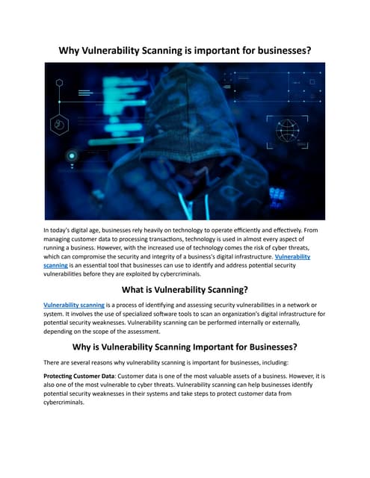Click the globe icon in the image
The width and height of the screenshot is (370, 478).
[287, 131]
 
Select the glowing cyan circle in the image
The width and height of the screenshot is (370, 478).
[72, 155]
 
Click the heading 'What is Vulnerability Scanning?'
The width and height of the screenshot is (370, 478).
[185, 288]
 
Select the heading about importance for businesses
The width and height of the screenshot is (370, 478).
[185, 347]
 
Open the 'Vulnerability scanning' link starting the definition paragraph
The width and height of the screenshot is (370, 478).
[73, 305]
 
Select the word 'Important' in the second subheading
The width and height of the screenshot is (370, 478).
[217, 347]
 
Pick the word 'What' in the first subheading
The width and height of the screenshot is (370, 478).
[114, 288]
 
